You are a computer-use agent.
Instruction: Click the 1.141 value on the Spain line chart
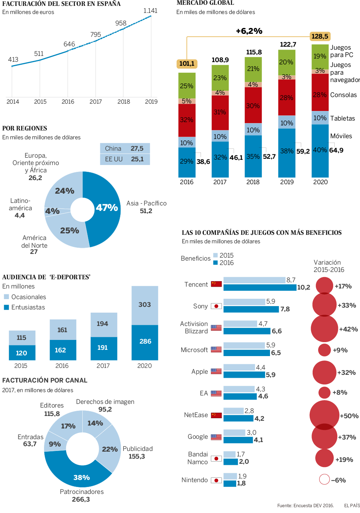click(150, 11)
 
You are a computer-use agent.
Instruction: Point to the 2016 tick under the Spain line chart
click(68, 102)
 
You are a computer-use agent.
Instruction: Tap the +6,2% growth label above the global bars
click(249, 31)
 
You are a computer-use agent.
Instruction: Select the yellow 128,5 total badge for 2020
click(320, 36)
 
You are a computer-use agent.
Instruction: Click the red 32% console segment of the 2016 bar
click(187, 120)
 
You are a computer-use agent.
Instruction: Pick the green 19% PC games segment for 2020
click(320, 56)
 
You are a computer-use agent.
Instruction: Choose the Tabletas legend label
click(342, 118)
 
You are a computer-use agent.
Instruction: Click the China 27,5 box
click(125, 148)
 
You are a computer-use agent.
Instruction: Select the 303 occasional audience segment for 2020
click(145, 305)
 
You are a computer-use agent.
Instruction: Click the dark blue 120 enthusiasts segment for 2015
click(22, 353)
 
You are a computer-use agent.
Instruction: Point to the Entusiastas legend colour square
click(6, 307)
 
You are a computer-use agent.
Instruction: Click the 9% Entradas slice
click(54, 444)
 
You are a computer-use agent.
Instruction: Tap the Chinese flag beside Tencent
click(216, 284)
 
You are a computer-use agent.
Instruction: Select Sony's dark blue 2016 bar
click(251, 309)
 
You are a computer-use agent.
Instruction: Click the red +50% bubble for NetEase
click(324, 415)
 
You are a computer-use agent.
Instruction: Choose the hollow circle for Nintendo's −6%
click(324, 479)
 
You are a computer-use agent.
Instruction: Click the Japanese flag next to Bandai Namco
click(216, 459)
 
